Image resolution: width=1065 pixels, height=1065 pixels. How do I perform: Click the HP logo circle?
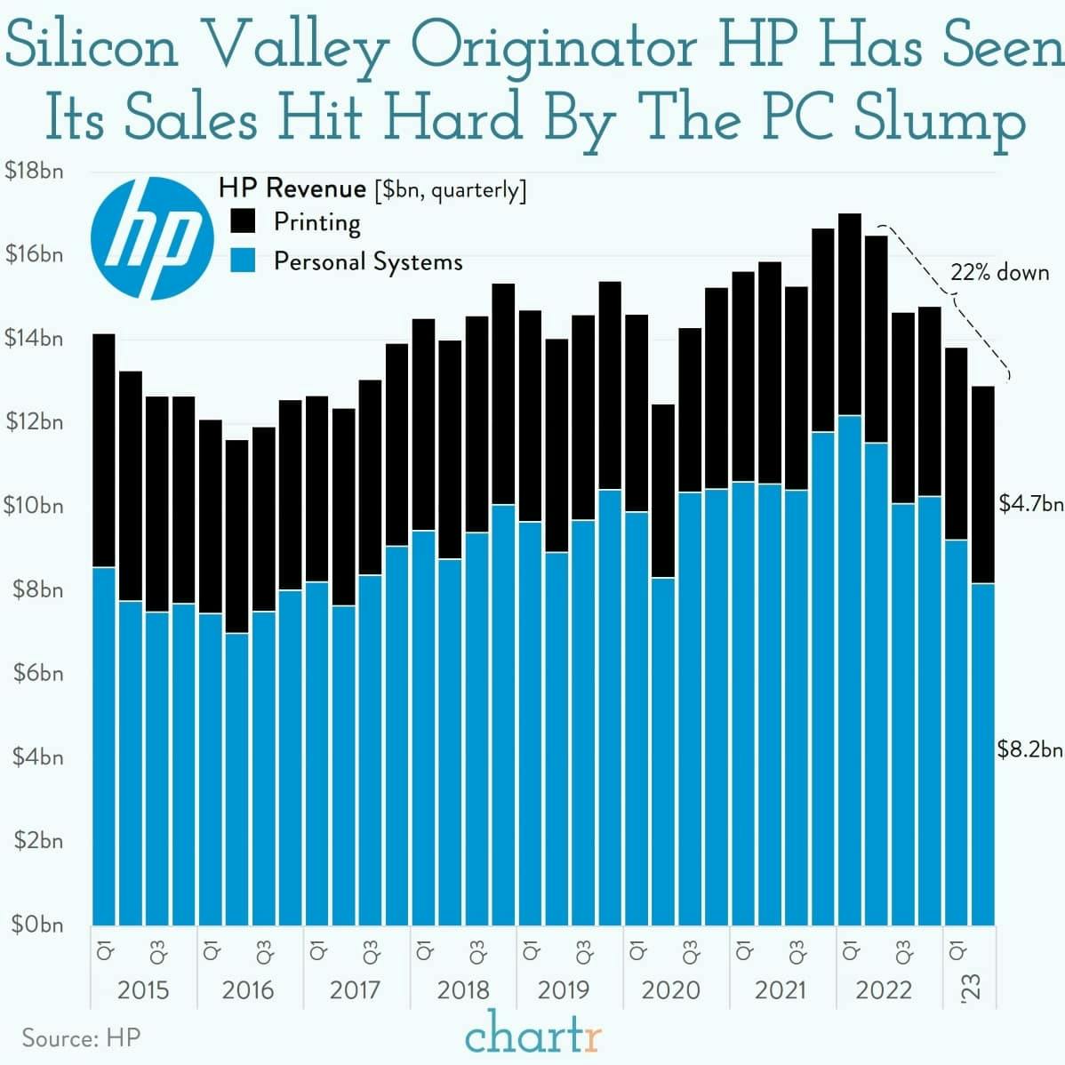(x=152, y=237)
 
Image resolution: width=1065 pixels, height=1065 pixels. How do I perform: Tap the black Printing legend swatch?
(x=243, y=220)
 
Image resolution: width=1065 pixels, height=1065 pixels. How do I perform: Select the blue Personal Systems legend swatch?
(x=243, y=260)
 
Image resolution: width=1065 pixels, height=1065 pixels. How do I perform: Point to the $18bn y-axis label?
(x=34, y=171)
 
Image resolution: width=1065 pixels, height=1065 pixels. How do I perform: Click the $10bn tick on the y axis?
(x=34, y=506)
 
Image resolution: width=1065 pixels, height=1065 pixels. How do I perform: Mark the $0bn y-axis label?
(x=37, y=925)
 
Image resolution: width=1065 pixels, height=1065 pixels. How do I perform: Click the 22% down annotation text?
(x=999, y=272)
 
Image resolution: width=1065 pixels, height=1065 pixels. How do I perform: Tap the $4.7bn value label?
(x=1030, y=504)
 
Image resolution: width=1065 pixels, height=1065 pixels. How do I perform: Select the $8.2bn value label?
(x=1029, y=749)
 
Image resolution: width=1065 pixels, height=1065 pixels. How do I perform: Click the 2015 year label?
(x=143, y=989)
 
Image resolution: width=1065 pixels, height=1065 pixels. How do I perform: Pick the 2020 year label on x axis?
(x=670, y=989)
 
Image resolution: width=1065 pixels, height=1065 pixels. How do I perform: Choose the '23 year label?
(x=971, y=988)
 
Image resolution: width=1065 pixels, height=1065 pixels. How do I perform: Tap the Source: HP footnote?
(x=81, y=1037)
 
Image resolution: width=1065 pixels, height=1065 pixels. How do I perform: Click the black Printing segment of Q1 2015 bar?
(x=104, y=450)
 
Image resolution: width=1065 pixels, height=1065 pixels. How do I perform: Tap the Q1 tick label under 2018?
(x=424, y=950)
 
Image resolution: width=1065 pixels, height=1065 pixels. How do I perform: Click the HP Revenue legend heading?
(x=292, y=188)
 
